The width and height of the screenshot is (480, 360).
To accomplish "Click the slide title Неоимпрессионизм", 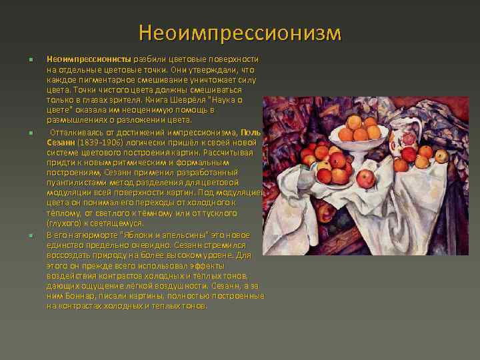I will [240, 33].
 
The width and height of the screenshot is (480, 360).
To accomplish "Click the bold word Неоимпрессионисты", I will [89, 59].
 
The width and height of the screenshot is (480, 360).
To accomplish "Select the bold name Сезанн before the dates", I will [60, 142].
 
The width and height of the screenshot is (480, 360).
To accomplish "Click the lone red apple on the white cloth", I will [365, 179].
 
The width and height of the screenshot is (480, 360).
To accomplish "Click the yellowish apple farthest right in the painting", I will [441, 156].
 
